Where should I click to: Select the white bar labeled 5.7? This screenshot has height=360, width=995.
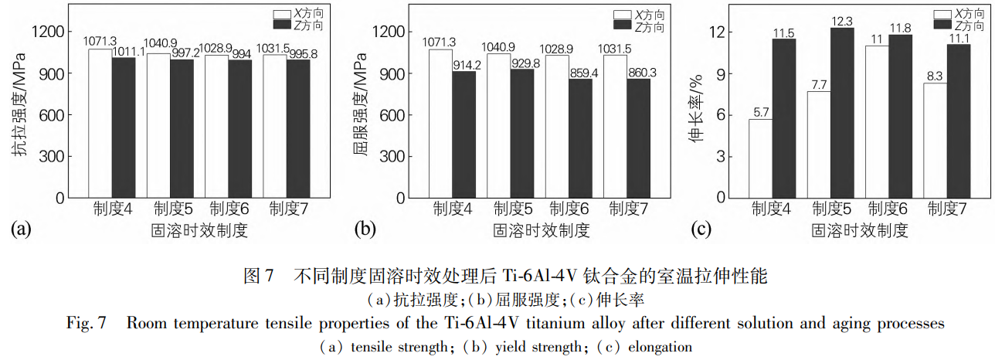coord(761,158)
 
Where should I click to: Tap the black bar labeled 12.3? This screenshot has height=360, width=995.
coord(842,113)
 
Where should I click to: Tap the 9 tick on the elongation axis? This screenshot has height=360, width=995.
coord(720,74)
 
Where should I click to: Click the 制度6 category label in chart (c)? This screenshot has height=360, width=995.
coord(888,209)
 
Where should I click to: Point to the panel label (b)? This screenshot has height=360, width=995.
coord(365,229)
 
